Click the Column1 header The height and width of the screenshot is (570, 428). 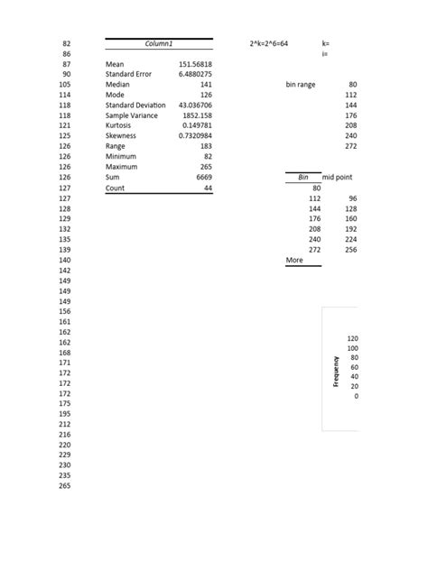click(x=159, y=43)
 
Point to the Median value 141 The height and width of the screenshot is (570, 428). click(x=205, y=85)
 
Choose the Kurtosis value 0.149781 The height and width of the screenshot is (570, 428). click(x=196, y=126)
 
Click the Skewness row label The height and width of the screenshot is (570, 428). click(x=122, y=136)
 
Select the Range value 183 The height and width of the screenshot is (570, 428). click(x=205, y=146)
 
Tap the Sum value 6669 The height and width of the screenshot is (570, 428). click(x=203, y=179)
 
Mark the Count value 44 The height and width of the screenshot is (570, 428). click(x=207, y=188)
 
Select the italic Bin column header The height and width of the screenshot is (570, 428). click(x=303, y=178)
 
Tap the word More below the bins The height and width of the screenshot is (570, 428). click(x=294, y=260)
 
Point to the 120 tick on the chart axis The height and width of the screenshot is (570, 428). click(x=352, y=338)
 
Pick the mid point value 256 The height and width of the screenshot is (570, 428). click(x=351, y=250)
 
